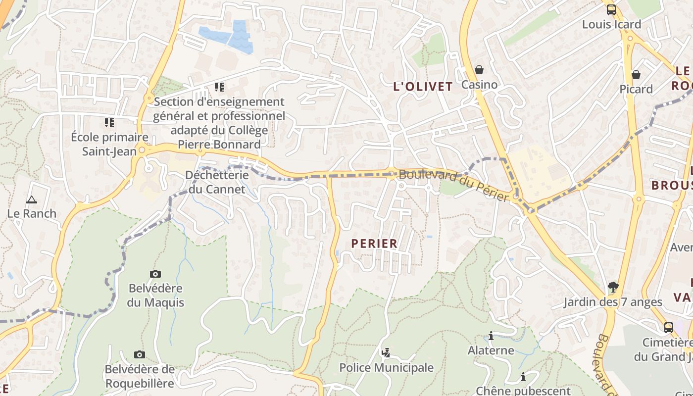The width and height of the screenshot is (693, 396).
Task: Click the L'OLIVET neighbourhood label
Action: (423, 87)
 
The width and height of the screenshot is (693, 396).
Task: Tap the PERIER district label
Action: (374, 244)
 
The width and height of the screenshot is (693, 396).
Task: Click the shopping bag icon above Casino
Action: (479, 70)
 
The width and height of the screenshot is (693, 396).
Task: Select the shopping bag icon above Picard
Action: (636, 75)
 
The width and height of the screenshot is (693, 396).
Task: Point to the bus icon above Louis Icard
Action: (611, 9)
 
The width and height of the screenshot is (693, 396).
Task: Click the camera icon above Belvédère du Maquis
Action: (155, 274)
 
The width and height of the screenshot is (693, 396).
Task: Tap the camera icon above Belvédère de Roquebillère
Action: (140, 354)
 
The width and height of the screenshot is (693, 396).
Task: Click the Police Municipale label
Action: (386, 368)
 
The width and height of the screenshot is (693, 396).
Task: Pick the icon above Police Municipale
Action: (386, 353)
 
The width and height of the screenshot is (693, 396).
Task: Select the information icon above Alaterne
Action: (491, 336)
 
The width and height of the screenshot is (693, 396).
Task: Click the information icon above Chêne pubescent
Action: (523, 377)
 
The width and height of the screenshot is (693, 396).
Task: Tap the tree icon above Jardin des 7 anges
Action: (613, 287)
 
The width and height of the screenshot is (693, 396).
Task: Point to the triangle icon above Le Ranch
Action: (32, 199)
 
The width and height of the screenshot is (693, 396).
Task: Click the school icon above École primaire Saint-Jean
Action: (109, 122)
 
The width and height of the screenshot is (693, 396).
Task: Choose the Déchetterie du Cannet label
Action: (217, 182)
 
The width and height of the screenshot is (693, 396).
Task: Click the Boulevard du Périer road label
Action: (454, 185)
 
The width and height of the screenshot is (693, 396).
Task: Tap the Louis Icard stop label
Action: (611, 24)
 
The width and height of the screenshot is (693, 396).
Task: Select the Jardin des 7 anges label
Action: (613, 302)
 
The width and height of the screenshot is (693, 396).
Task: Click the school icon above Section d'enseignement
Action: (219, 87)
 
